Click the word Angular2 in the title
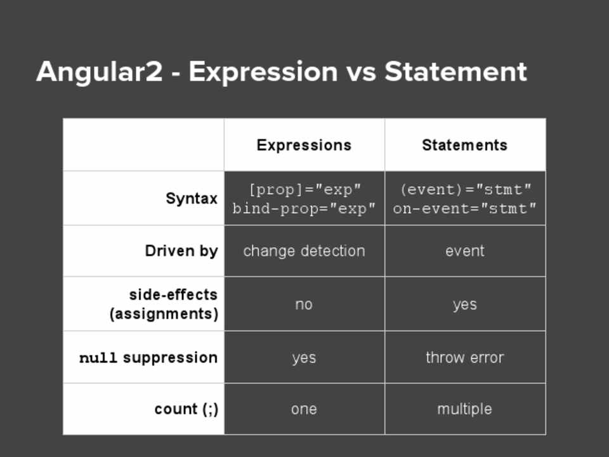(100, 72)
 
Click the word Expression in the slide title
(263, 72)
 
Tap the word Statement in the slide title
(455, 72)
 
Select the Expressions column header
(304, 145)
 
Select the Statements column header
(464, 145)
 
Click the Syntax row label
(192, 199)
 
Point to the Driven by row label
(181, 251)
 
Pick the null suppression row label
(148, 357)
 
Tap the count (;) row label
(187, 409)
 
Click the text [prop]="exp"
(304, 190)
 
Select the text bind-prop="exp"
(304, 209)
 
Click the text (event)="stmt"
(465, 190)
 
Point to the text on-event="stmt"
(464, 209)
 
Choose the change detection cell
(304, 251)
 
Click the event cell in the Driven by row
(465, 251)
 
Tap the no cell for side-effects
(304, 305)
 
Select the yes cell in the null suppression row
(304, 358)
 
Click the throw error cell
(465, 357)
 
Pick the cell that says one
(304, 409)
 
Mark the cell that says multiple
(464, 409)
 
